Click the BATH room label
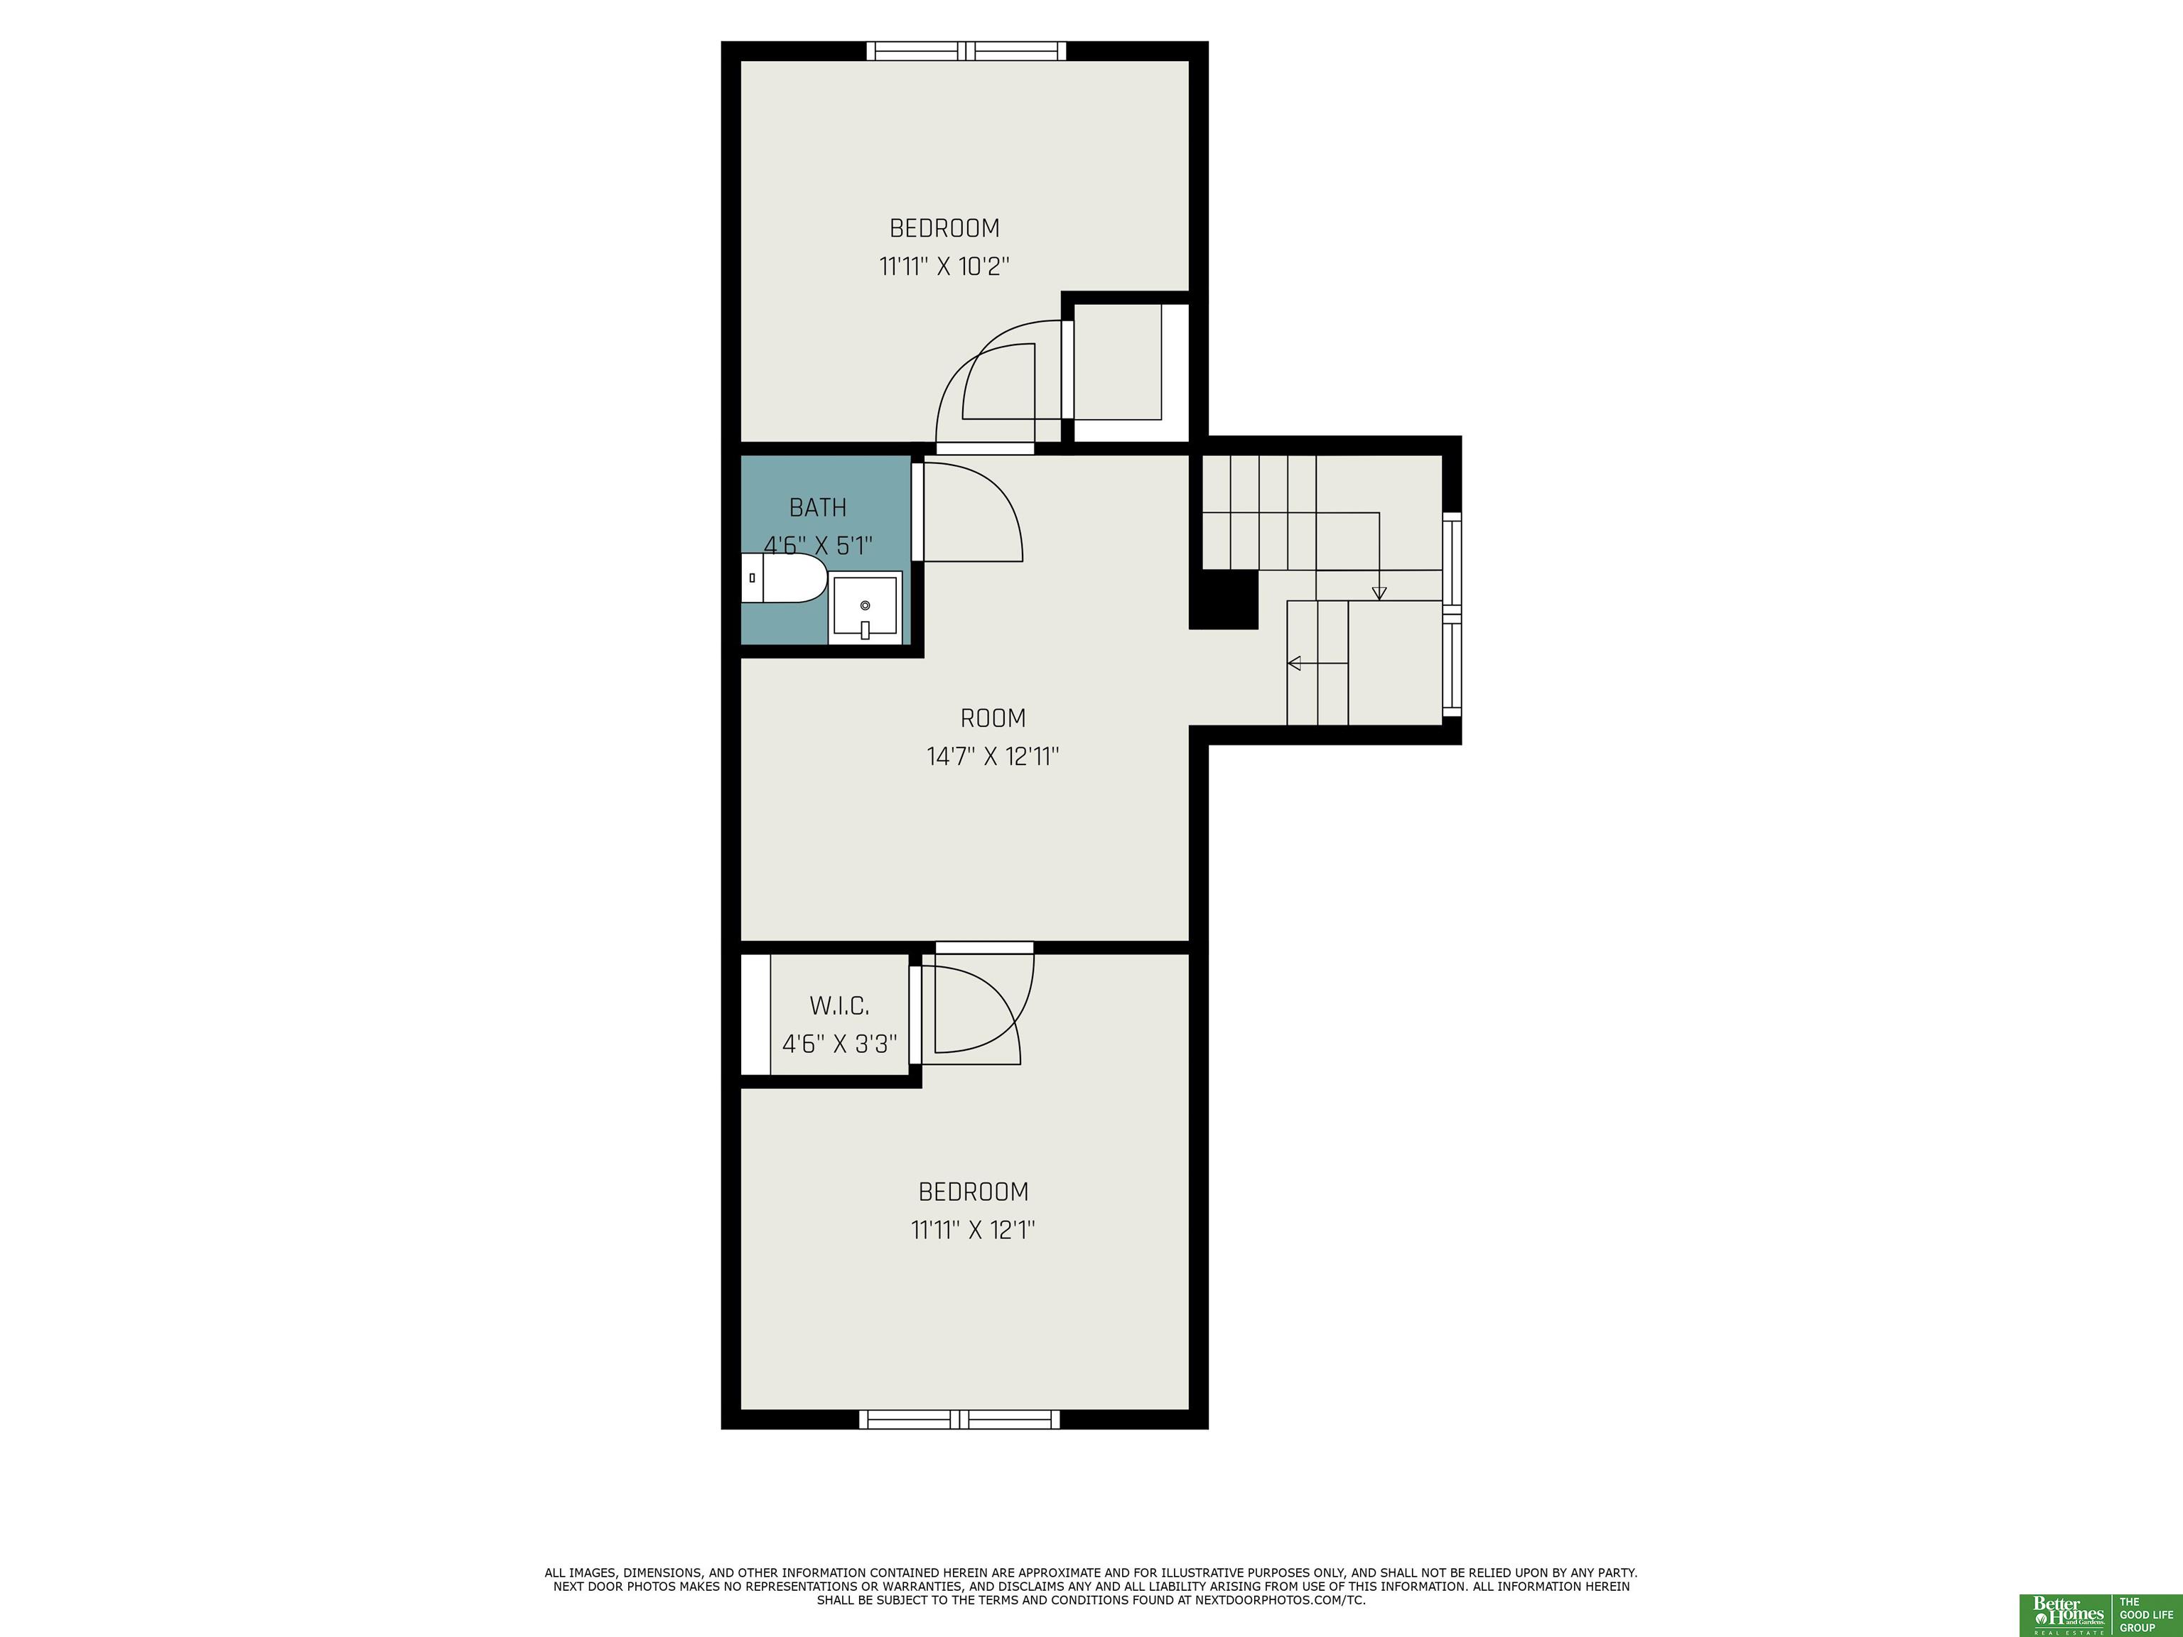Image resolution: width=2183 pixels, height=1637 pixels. point(817,508)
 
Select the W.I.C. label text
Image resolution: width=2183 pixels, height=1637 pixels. point(839,1007)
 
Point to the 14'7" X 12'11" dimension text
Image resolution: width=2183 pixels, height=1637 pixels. point(993,757)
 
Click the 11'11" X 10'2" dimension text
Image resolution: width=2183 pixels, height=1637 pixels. point(945,266)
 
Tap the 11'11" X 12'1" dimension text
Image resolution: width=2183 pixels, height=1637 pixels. point(973,1231)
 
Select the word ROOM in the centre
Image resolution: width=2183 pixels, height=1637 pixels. point(993,718)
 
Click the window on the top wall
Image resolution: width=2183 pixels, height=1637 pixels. point(966,50)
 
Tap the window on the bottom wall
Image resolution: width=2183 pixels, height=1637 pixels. point(959,1419)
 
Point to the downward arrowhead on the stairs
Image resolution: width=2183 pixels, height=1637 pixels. point(1379,593)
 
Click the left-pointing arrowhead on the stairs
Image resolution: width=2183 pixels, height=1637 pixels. point(1294,663)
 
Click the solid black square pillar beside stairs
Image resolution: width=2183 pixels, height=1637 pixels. point(1224,599)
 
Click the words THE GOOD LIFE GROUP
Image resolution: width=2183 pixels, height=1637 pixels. point(2145,1614)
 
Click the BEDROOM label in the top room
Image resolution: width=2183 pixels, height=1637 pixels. point(944,228)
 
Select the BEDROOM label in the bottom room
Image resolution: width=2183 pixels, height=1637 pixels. point(973,1192)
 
